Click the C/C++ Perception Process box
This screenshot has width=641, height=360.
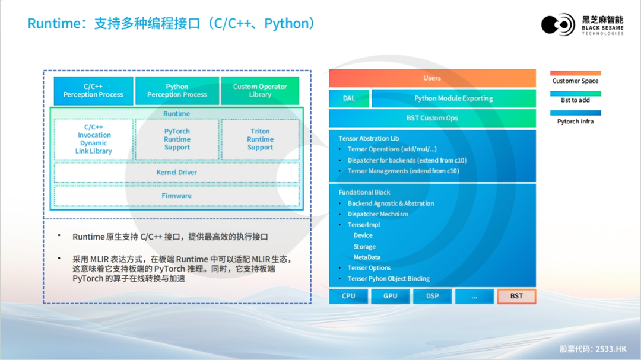click(93, 91)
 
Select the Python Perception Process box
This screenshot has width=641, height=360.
click(177, 91)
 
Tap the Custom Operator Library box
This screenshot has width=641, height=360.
click(260, 91)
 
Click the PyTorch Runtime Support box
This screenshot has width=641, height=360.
click(177, 139)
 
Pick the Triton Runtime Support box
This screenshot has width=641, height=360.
click(260, 139)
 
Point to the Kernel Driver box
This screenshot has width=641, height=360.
click(176, 173)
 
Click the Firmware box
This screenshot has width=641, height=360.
click(176, 196)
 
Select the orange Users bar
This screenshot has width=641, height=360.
click(432, 78)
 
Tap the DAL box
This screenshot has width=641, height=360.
click(349, 98)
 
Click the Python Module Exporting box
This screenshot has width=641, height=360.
click(453, 98)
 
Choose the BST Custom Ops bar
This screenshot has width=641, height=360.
click(432, 118)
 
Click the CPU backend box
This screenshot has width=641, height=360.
click(348, 296)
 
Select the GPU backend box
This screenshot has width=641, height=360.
click(391, 296)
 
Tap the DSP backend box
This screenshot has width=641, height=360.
click(432, 296)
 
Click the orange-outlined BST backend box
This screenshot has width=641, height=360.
click(516, 296)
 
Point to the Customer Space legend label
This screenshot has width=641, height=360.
click(575, 81)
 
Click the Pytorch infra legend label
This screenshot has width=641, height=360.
click(575, 122)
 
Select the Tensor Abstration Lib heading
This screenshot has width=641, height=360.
click(369, 139)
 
